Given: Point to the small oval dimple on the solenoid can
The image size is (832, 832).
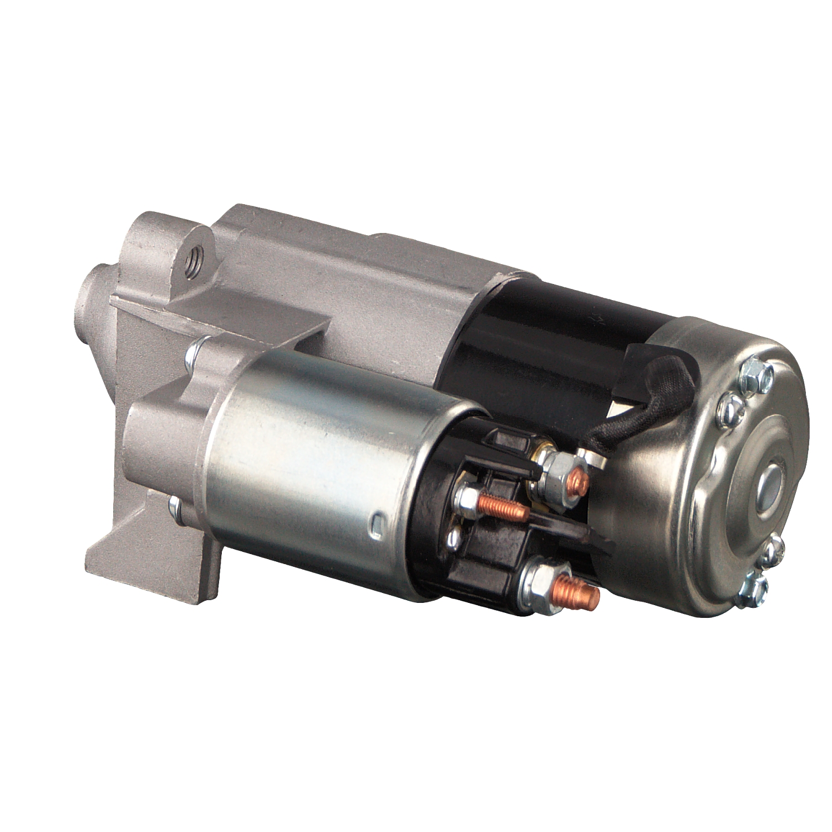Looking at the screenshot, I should coord(377,521).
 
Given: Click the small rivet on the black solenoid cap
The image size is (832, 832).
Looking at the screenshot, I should coord(455,537).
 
